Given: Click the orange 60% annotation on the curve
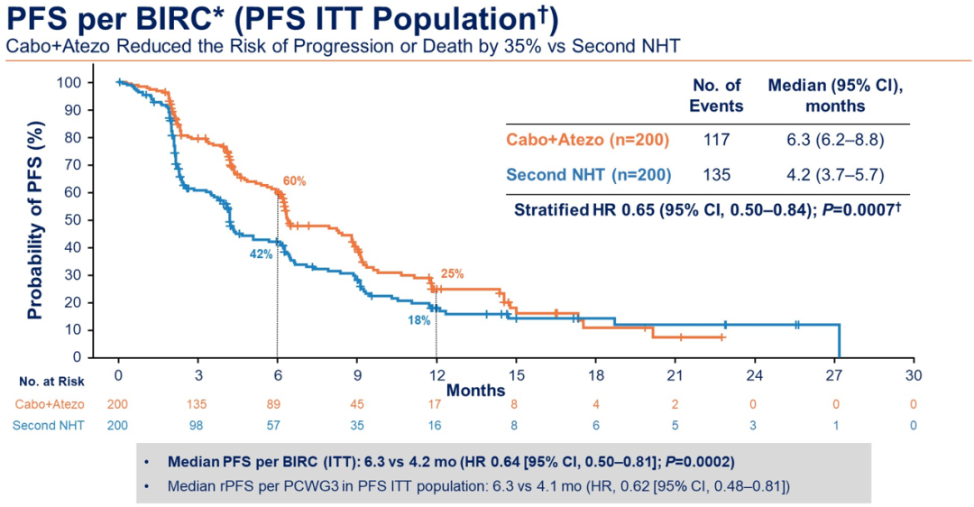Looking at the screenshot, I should click(x=295, y=181).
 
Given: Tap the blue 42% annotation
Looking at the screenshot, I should click(x=261, y=254).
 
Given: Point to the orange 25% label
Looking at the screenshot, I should click(x=452, y=274).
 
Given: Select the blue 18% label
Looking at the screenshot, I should click(x=418, y=319).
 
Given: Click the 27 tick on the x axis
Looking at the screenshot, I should click(x=835, y=375).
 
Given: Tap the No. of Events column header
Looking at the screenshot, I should click(x=717, y=95).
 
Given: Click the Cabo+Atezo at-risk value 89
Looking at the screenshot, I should click(x=278, y=405).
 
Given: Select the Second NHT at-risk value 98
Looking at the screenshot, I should click(x=198, y=426).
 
